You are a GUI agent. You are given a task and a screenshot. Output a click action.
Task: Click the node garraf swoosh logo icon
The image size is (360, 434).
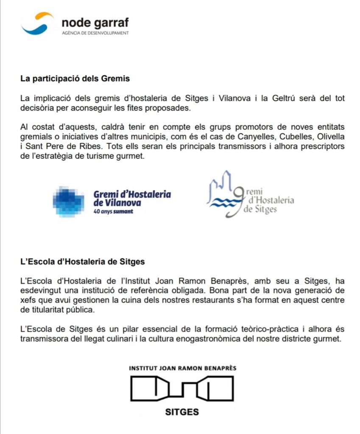tap(38, 24)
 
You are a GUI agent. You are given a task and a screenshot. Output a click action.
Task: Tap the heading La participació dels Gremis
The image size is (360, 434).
tap(75, 78)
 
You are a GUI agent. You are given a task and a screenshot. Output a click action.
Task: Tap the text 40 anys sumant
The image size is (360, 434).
tap(113, 211)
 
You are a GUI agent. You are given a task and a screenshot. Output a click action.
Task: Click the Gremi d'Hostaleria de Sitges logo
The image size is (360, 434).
tap(250, 195)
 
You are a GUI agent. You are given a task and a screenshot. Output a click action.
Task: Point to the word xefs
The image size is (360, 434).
tap(28, 300)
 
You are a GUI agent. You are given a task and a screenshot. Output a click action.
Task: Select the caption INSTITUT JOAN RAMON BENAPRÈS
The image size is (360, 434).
tap(182, 368)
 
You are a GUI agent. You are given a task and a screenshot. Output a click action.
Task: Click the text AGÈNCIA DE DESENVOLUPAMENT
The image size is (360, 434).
tap(95, 33)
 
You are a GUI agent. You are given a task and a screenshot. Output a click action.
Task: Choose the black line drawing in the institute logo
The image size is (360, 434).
tap(182, 389)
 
